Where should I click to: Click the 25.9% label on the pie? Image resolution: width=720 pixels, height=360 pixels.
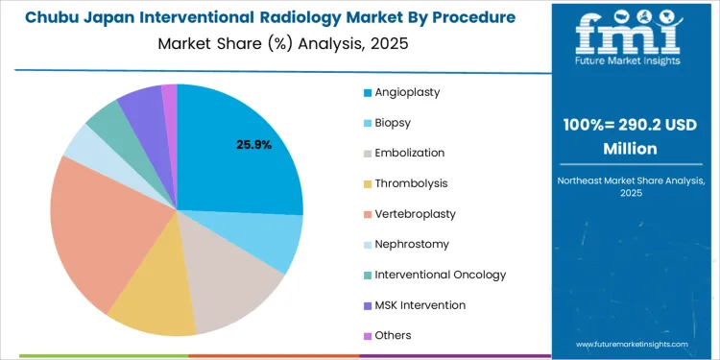click(254, 145)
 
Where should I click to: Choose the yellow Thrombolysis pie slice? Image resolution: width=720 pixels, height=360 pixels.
click(154, 298)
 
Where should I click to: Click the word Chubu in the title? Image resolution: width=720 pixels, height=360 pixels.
click(49, 18)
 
